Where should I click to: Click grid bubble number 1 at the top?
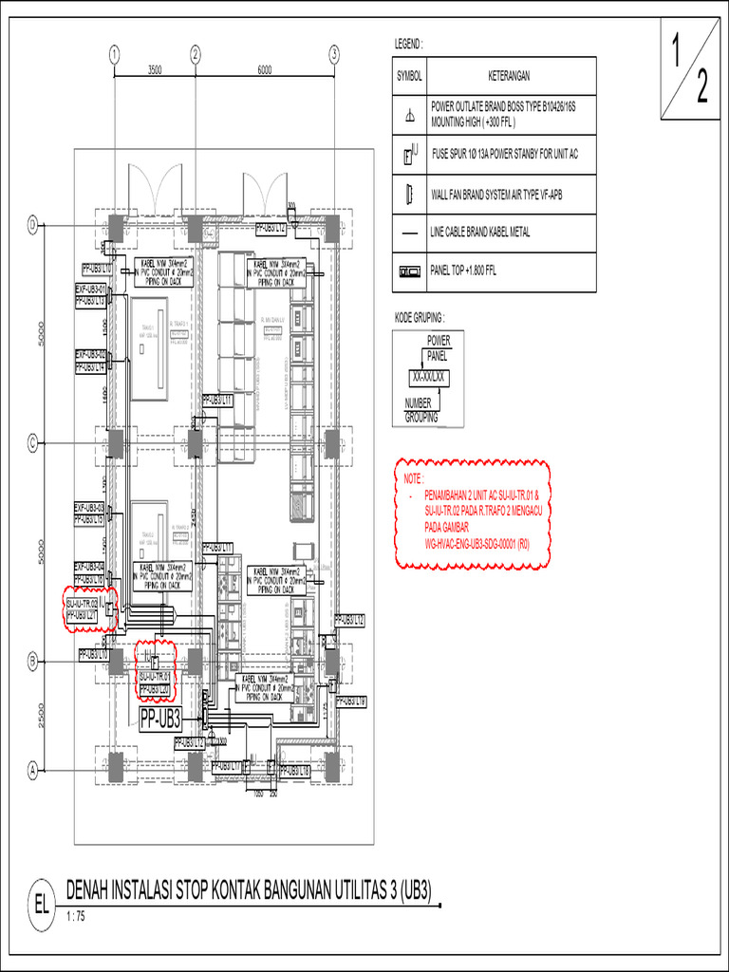coord(114,53)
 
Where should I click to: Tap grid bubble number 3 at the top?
coord(334,53)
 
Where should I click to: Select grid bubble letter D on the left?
coord(31,225)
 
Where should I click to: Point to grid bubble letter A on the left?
coord(31,771)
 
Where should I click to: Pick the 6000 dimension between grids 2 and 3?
coord(264,69)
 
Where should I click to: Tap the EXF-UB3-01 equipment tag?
coord(92,289)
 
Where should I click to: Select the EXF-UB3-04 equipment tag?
coord(92,568)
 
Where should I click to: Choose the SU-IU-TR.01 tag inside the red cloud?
coord(155,678)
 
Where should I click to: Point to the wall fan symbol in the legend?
coord(409,195)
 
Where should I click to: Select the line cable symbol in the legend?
coord(409,233)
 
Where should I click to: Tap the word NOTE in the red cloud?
coord(416,480)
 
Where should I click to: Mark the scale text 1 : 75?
coord(75,917)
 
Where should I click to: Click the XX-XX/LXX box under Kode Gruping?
coord(429,377)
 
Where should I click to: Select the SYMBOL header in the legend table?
coord(409,76)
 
